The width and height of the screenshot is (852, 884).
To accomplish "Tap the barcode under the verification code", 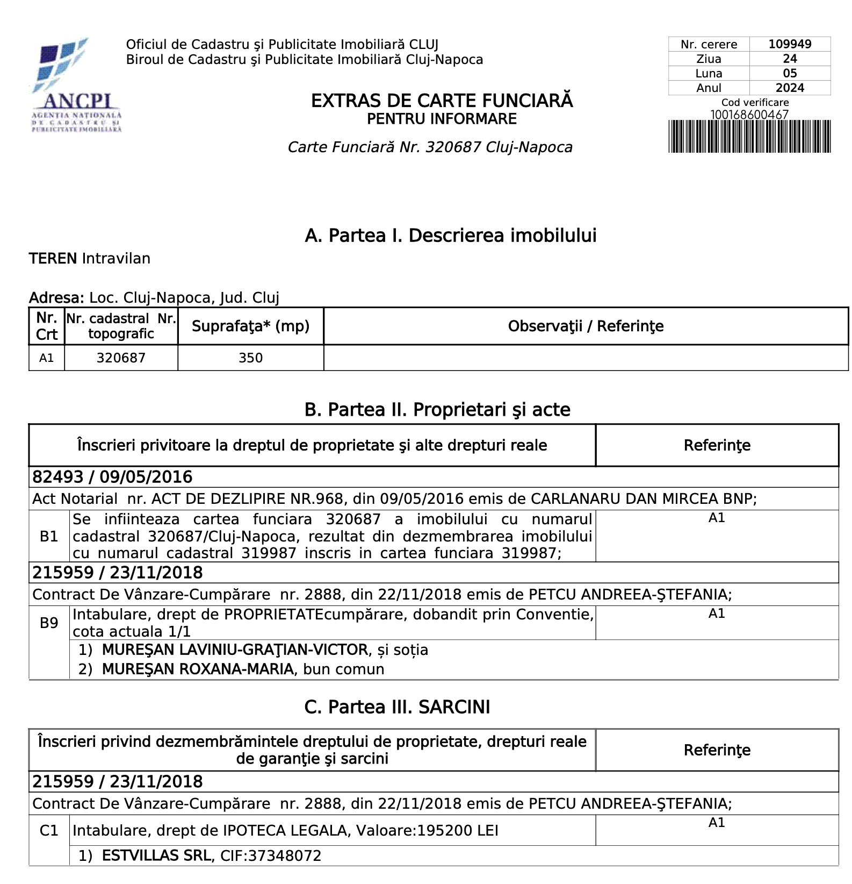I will click(749, 137).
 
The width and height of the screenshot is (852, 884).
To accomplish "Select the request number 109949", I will click(789, 44).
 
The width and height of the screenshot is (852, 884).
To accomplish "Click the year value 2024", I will click(789, 88).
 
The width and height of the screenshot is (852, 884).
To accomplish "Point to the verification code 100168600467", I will click(749, 115).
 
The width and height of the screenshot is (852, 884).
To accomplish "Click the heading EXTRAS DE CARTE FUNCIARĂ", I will click(442, 101).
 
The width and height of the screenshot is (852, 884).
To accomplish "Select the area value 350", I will click(250, 358).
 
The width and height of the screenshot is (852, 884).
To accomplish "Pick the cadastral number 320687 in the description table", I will click(121, 358).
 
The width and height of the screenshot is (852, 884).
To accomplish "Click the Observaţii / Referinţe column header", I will click(586, 326).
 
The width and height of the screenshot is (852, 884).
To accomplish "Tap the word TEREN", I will click(53, 259).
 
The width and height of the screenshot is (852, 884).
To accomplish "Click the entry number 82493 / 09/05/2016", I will click(112, 477).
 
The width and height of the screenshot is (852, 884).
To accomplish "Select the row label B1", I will click(49, 536).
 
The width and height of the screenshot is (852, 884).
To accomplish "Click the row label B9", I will click(49, 623).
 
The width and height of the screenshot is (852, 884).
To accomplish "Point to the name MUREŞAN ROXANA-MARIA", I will click(198, 669).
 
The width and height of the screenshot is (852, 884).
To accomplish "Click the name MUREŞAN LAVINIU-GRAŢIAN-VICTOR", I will click(235, 650).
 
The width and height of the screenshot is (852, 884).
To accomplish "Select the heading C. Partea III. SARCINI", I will click(397, 707).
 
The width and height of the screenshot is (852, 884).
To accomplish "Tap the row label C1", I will click(49, 831).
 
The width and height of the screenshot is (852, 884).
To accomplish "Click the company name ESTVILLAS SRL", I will click(156, 856).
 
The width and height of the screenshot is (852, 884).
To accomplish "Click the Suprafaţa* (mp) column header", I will click(250, 326).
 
